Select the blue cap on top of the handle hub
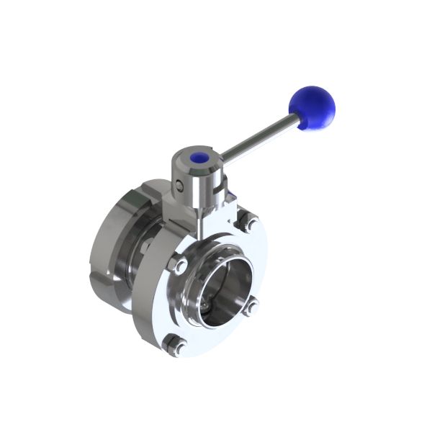pos(199,158)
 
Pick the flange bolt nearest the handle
pos(250,223)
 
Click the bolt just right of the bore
pos(251,307)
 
